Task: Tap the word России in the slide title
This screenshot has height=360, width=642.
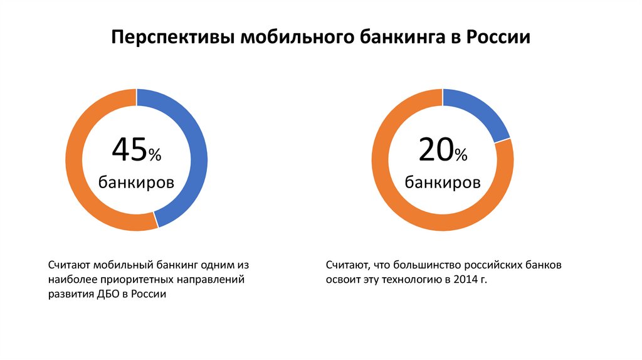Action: [498, 37]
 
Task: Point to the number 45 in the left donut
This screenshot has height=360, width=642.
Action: [129, 151]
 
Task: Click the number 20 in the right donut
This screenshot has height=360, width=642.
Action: [435, 151]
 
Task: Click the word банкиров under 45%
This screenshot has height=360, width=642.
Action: [136, 183]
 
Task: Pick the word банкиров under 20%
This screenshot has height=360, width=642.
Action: [443, 183]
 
